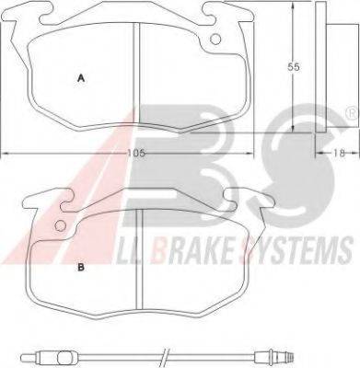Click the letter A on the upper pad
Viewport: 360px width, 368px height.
tap(81, 78)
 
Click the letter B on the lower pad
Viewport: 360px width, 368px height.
tap(81, 268)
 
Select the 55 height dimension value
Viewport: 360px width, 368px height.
tap(293, 67)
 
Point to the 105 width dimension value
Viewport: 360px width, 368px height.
tap(136, 153)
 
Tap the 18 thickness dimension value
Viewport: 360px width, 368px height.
tap(340, 153)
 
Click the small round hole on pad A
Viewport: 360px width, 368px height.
tap(215, 39)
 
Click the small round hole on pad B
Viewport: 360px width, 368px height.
tap(61, 226)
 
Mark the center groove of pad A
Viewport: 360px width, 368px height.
tap(136, 74)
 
